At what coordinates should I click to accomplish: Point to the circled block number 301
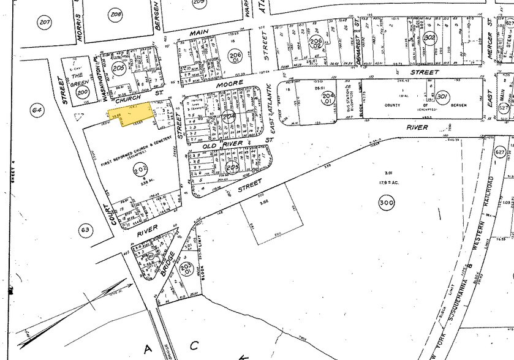[444, 97]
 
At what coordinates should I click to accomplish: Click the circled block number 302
[429, 38]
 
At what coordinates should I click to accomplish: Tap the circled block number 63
[85, 230]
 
